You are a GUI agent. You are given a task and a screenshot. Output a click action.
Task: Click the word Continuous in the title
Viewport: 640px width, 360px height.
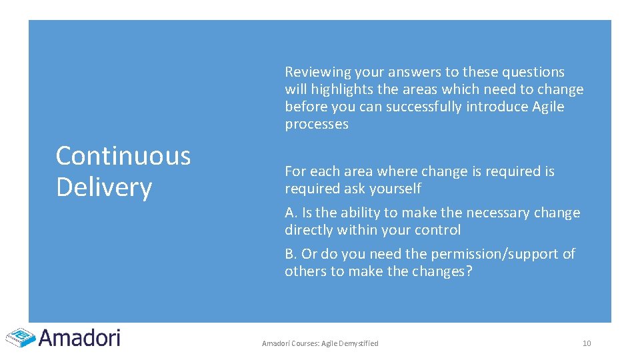tap(123, 156)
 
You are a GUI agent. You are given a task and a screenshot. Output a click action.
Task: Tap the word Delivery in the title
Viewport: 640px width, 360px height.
tap(104, 187)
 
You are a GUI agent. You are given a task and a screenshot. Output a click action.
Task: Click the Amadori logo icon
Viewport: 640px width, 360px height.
tap(20, 337)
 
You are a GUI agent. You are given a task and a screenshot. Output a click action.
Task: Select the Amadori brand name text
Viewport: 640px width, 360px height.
tap(80, 337)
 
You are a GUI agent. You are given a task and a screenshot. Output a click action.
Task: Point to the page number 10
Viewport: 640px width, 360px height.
tap(587, 343)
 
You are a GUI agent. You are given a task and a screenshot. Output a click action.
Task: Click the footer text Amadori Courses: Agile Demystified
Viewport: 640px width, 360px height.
tap(320, 343)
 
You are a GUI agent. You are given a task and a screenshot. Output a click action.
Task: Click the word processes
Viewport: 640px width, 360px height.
tap(317, 125)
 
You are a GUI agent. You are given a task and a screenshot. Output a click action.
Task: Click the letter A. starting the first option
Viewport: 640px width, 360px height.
tap(291, 213)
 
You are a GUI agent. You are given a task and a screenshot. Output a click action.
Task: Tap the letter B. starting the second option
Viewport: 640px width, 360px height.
tap(291, 254)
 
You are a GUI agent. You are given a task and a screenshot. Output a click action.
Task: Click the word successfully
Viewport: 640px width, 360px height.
tap(416, 107)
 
